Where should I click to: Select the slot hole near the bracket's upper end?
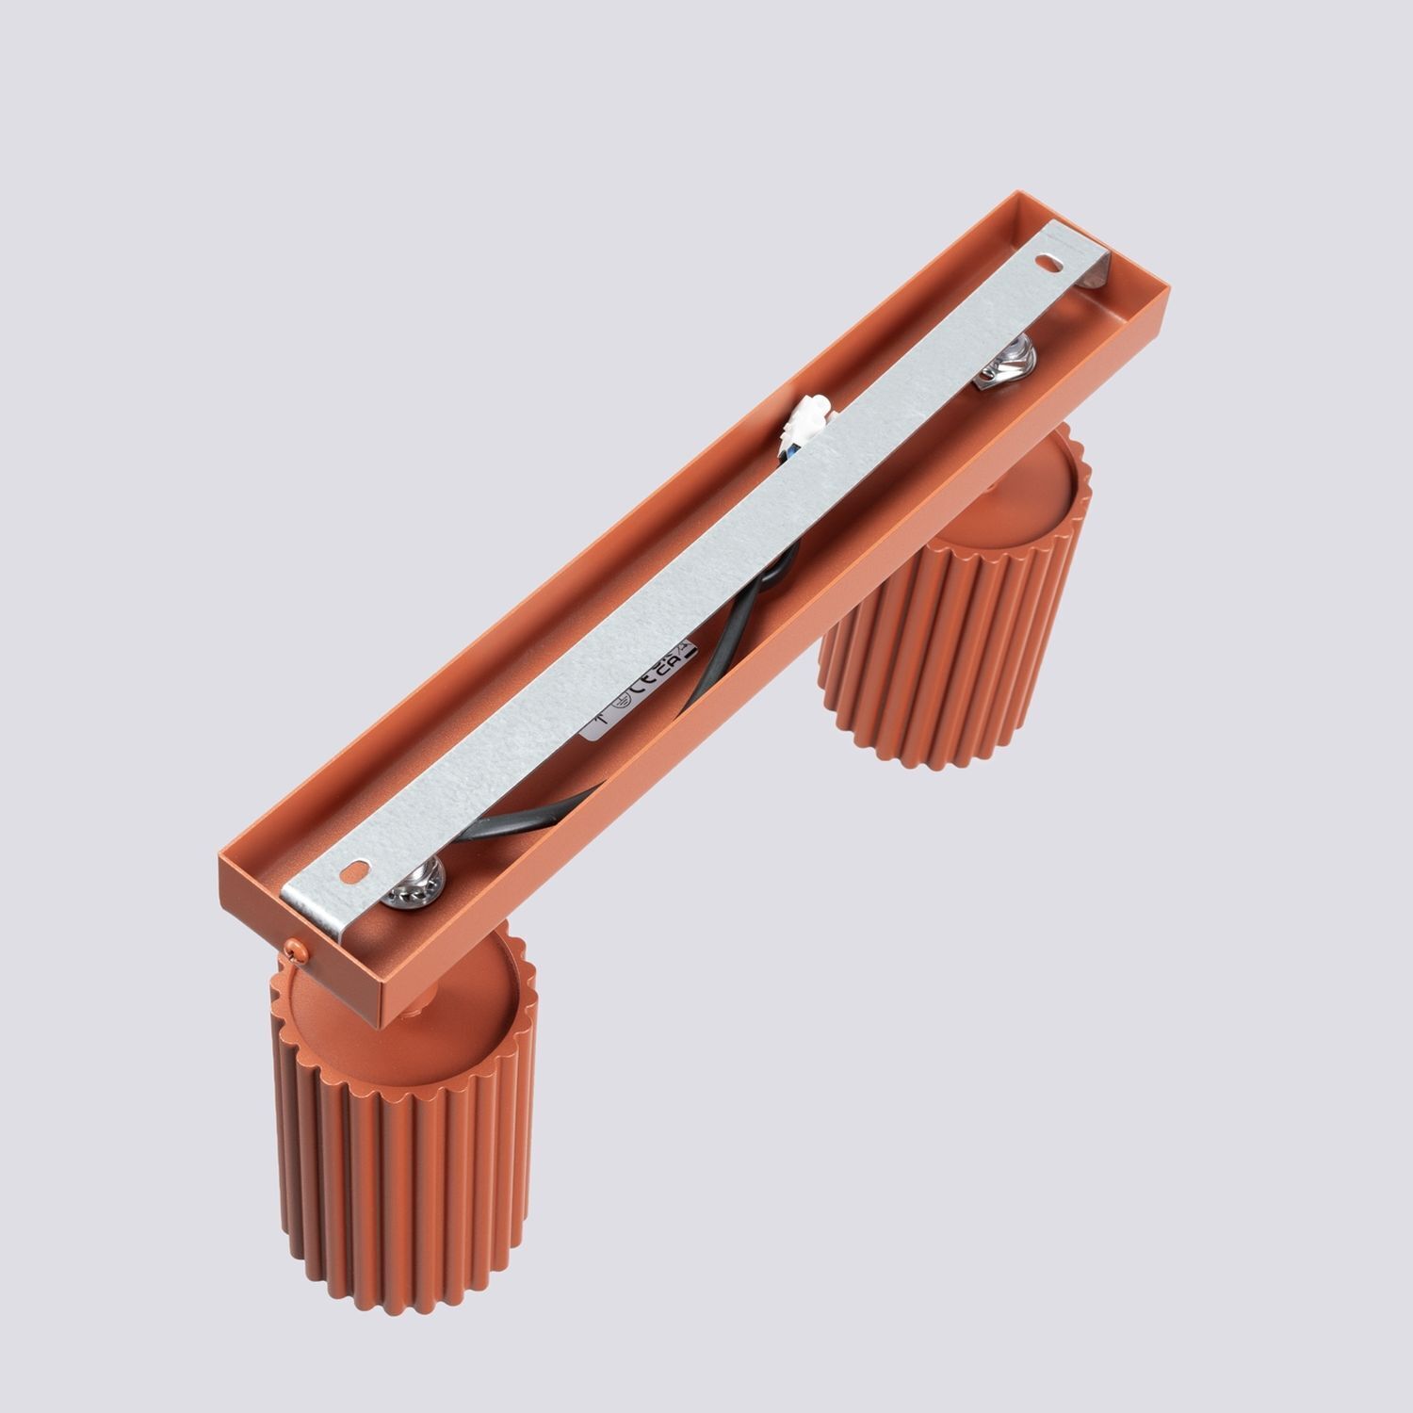tap(1047, 260)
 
